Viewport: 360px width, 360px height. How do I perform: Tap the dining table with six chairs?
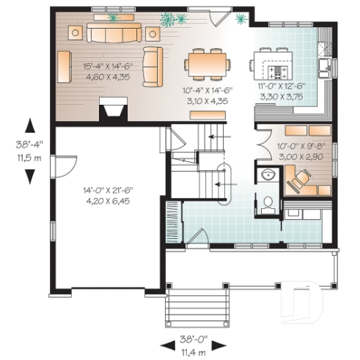(205, 63)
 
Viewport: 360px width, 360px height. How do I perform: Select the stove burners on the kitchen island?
(278, 72)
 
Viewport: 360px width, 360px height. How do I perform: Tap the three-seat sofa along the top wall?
(113, 33)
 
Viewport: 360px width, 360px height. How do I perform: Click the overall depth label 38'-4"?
(30, 144)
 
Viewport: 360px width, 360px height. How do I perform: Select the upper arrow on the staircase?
(218, 136)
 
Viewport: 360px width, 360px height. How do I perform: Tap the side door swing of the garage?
(66, 165)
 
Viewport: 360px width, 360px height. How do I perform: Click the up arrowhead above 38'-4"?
(30, 125)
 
